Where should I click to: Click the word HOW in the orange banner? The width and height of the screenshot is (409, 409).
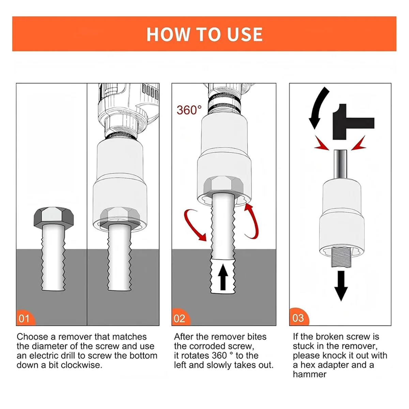(x=168, y=34)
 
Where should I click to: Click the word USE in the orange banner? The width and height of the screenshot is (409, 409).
(x=244, y=34)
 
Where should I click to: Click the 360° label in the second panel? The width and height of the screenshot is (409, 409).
(x=189, y=110)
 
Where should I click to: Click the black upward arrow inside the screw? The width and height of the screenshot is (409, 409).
(x=223, y=277)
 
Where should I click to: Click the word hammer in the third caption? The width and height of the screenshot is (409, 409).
(x=309, y=374)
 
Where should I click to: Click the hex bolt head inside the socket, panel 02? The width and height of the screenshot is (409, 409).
(x=223, y=185)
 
